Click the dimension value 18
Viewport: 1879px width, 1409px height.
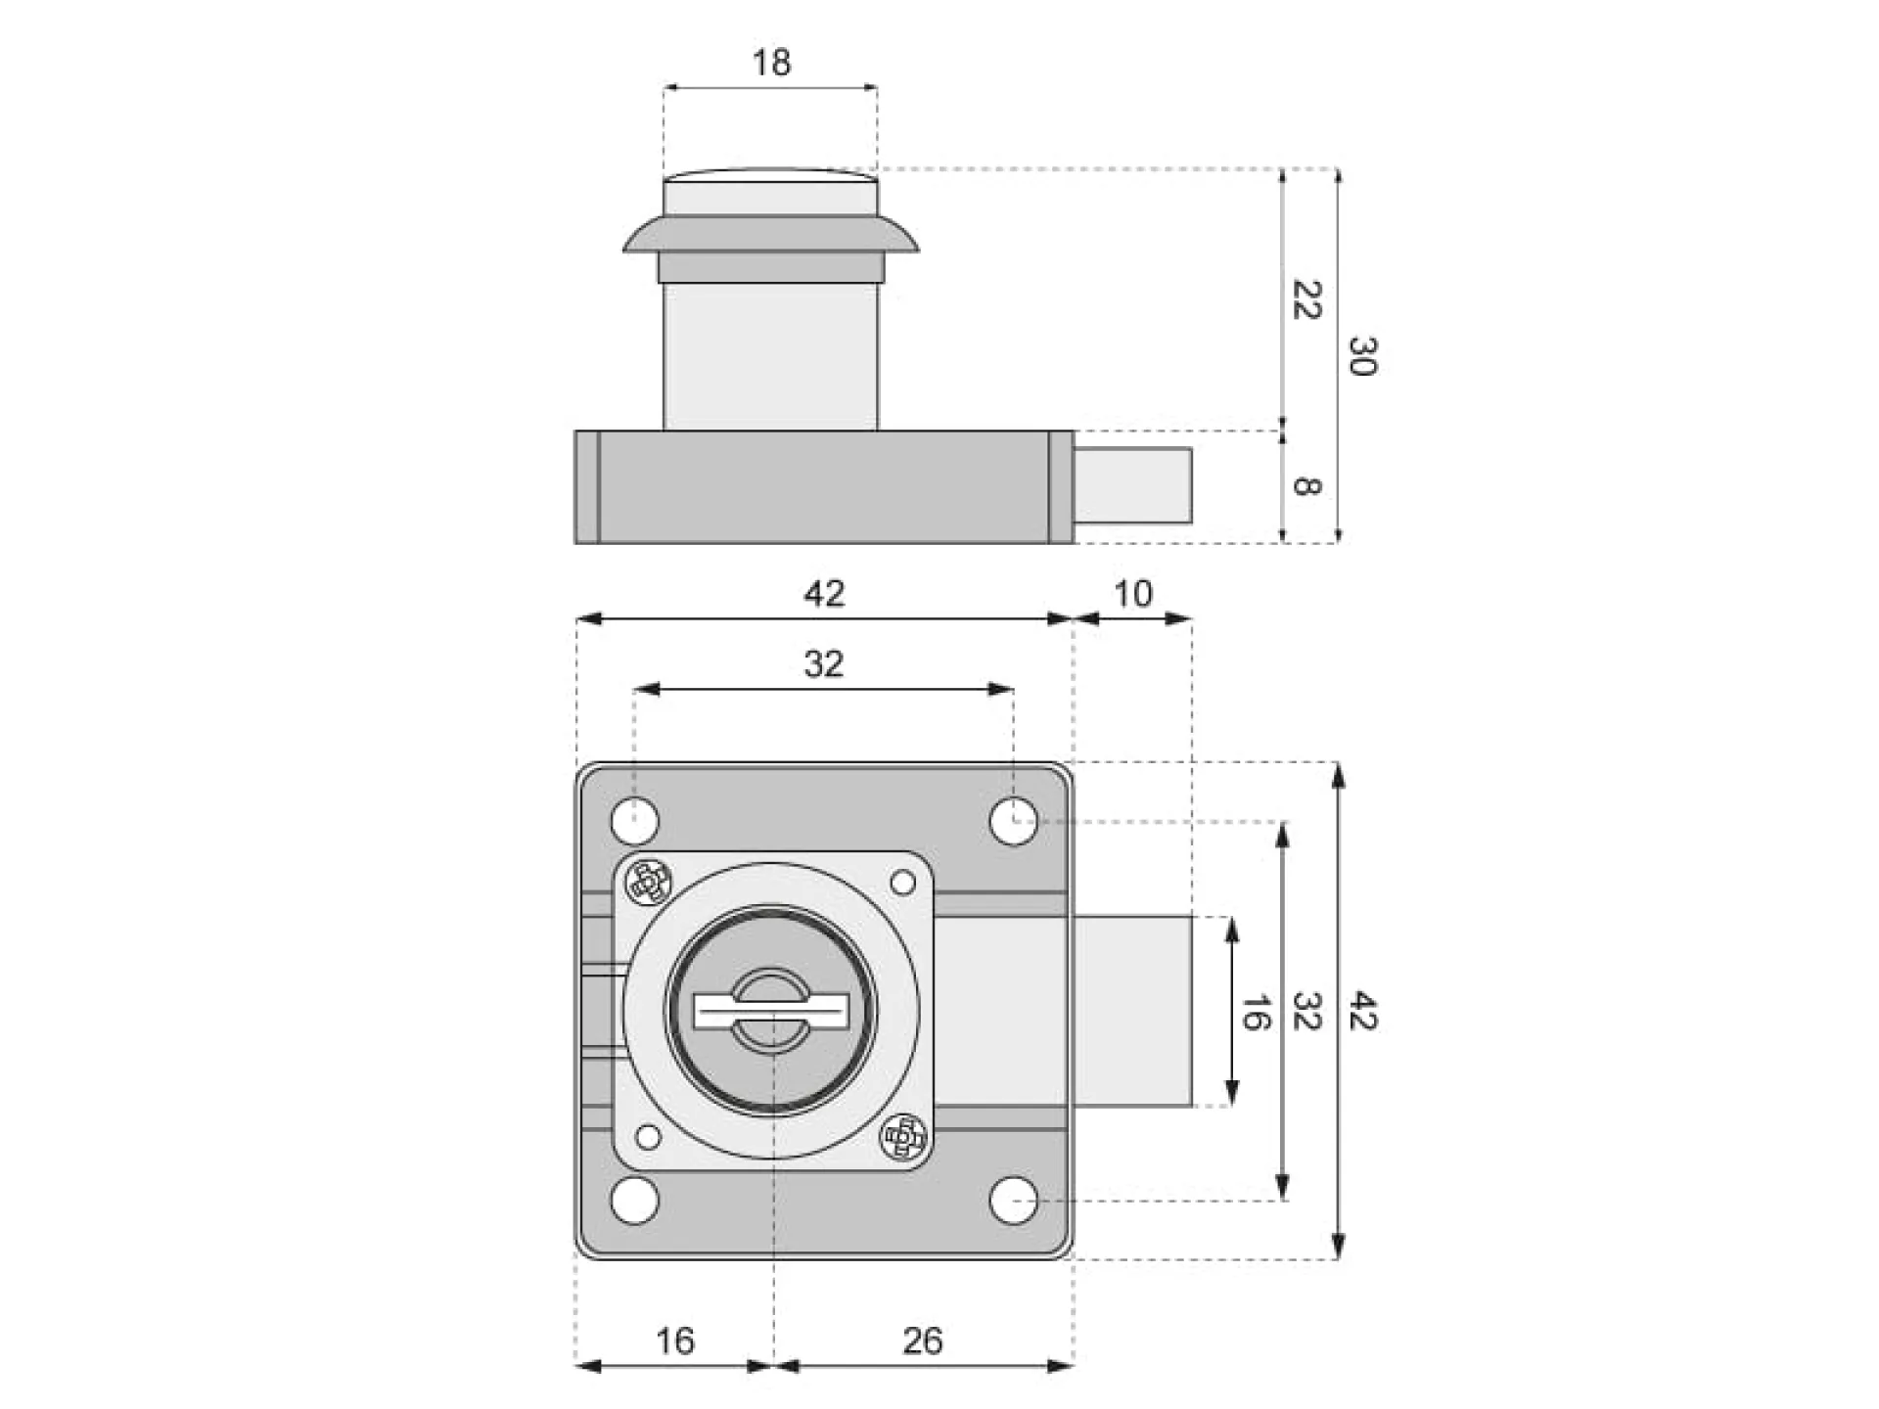coord(771,64)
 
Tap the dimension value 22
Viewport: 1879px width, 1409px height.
coord(1306,299)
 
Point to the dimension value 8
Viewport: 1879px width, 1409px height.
coord(1306,485)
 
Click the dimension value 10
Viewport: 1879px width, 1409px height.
coord(1133,594)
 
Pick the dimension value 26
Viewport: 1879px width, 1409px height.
coord(922,1341)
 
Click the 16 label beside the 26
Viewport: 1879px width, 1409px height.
coord(675,1341)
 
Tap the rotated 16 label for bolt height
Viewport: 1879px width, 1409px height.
coord(1255,1012)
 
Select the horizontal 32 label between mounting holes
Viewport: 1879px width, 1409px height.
coord(823,664)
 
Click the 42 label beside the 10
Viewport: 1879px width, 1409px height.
coord(823,594)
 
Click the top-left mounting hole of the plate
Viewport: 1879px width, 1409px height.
coord(635,820)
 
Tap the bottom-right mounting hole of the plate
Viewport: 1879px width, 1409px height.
coord(1013,1200)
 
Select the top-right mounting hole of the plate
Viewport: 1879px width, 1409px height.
coord(1013,820)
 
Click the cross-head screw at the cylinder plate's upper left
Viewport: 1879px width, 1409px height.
coord(648,883)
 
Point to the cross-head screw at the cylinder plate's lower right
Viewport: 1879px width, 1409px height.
coord(902,1137)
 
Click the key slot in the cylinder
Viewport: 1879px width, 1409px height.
coord(771,1011)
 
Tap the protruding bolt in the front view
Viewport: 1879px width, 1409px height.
coord(1132,1011)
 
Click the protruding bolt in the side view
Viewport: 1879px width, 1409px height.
coord(1132,485)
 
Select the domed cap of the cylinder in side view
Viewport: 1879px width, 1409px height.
coord(770,192)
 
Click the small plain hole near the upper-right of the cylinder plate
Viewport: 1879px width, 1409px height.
coord(902,884)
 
